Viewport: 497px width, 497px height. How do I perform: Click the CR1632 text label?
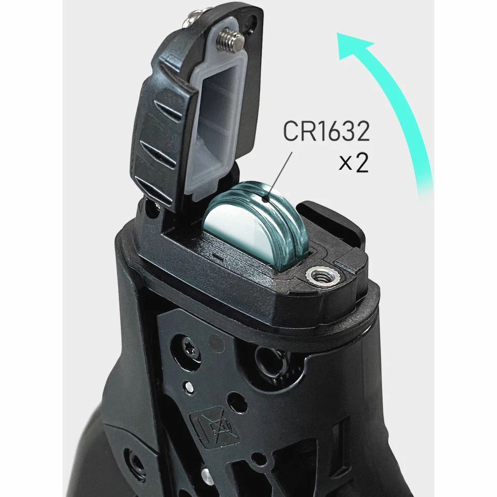(326, 133)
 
